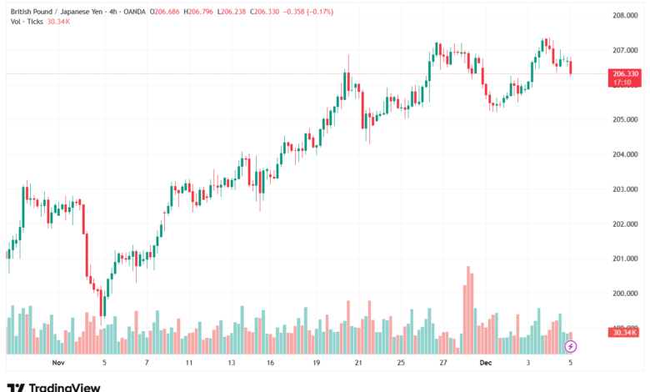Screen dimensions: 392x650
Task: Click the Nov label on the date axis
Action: coord(57,363)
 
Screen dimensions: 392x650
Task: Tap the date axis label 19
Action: coord(317,363)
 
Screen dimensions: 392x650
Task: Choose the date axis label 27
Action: coord(444,363)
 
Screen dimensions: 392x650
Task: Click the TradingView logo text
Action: coord(64,386)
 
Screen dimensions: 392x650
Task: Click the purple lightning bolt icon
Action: coord(571,345)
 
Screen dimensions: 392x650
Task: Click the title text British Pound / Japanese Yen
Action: coord(57,10)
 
